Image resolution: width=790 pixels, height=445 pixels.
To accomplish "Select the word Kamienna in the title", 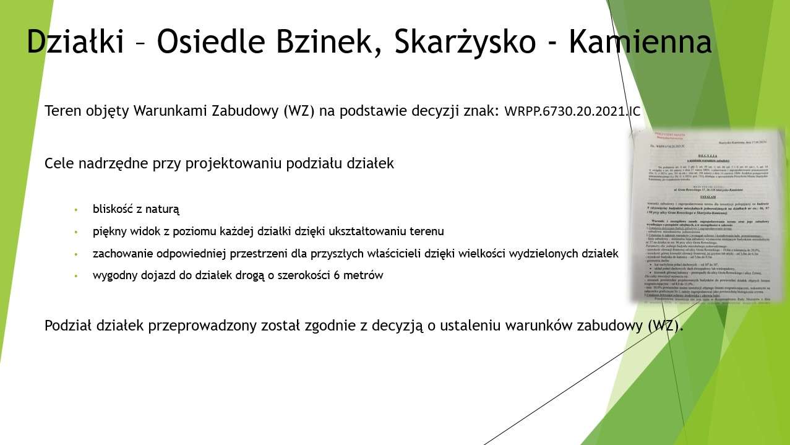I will [640, 42].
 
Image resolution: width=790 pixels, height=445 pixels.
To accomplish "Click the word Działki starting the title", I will [75, 42].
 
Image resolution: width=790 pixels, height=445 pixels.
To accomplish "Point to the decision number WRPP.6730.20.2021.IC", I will [572, 112].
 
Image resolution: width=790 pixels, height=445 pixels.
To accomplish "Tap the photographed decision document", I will [706, 215].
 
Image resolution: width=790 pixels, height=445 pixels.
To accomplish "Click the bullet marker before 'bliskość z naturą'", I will [76, 209].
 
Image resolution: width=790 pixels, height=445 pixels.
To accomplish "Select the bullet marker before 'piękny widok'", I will [76, 231].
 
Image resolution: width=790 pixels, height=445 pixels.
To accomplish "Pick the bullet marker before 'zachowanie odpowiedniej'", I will [76, 254].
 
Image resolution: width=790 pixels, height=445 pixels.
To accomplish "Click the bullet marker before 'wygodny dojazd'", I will [76, 276].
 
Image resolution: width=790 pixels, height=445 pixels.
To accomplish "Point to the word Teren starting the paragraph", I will [61, 112].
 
